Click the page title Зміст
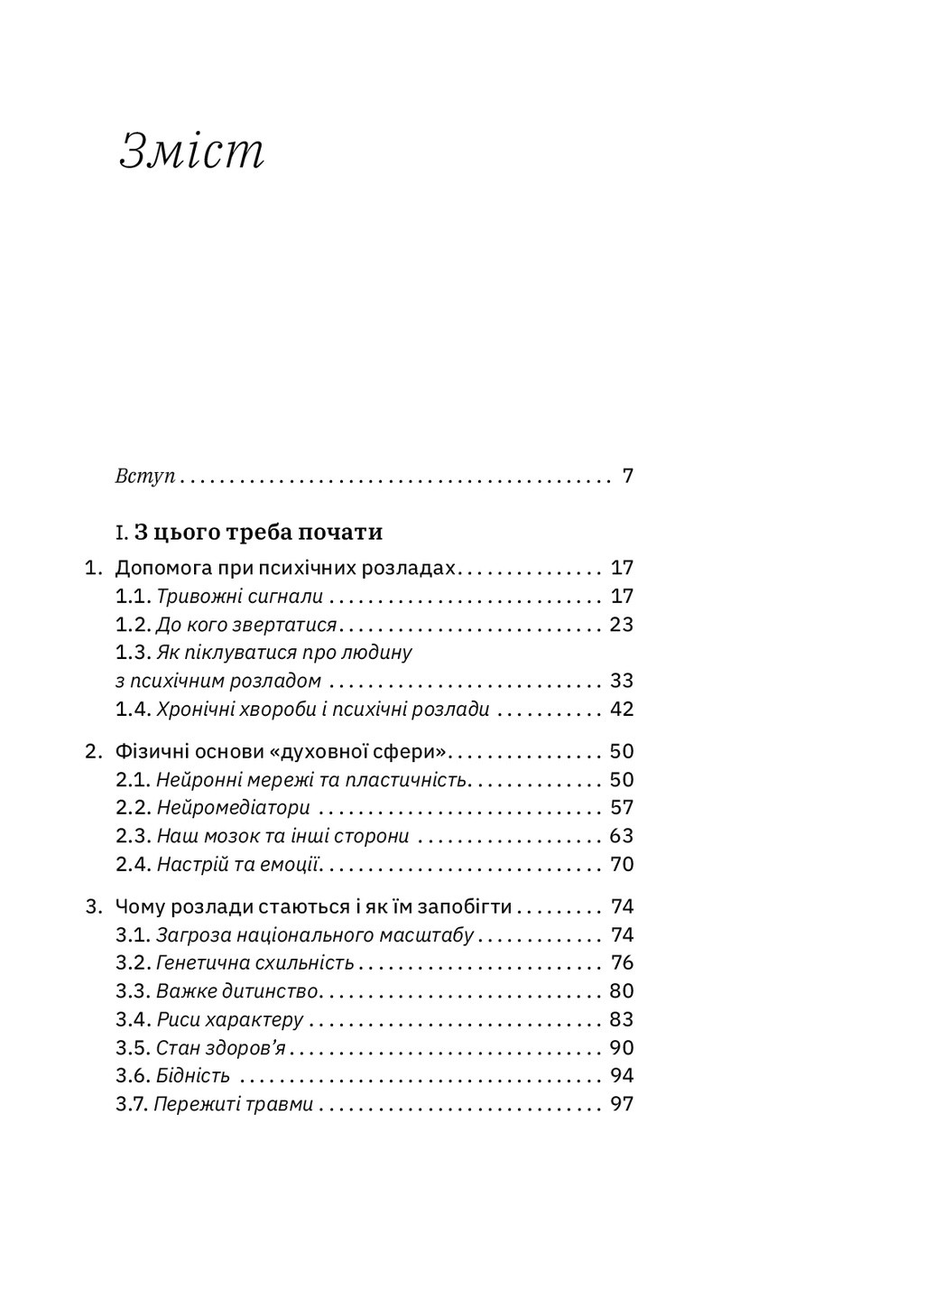[x=192, y=152]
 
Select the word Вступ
[x=144, y=476]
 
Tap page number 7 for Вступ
[x=628, y=476]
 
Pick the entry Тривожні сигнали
[x=239, y=597]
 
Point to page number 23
[x=622, y=625]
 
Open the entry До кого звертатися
[x=245, y=625]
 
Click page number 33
[x=622, y=681]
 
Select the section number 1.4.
[x=133, y=710]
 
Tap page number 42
[x=622, y=710]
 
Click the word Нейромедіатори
[x=233, y=808]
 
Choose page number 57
[x=622, y=808]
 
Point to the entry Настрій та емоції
[x=239, y=865]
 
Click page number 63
[x=622, y=836]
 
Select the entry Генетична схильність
[x=254, y=963]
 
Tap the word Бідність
[x=192, y=1076]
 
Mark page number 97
[x=622, y=1104]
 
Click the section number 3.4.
[x=133, y=1020]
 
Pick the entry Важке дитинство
[x=236, y=991]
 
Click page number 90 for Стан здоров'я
[x=622, y=1048]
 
